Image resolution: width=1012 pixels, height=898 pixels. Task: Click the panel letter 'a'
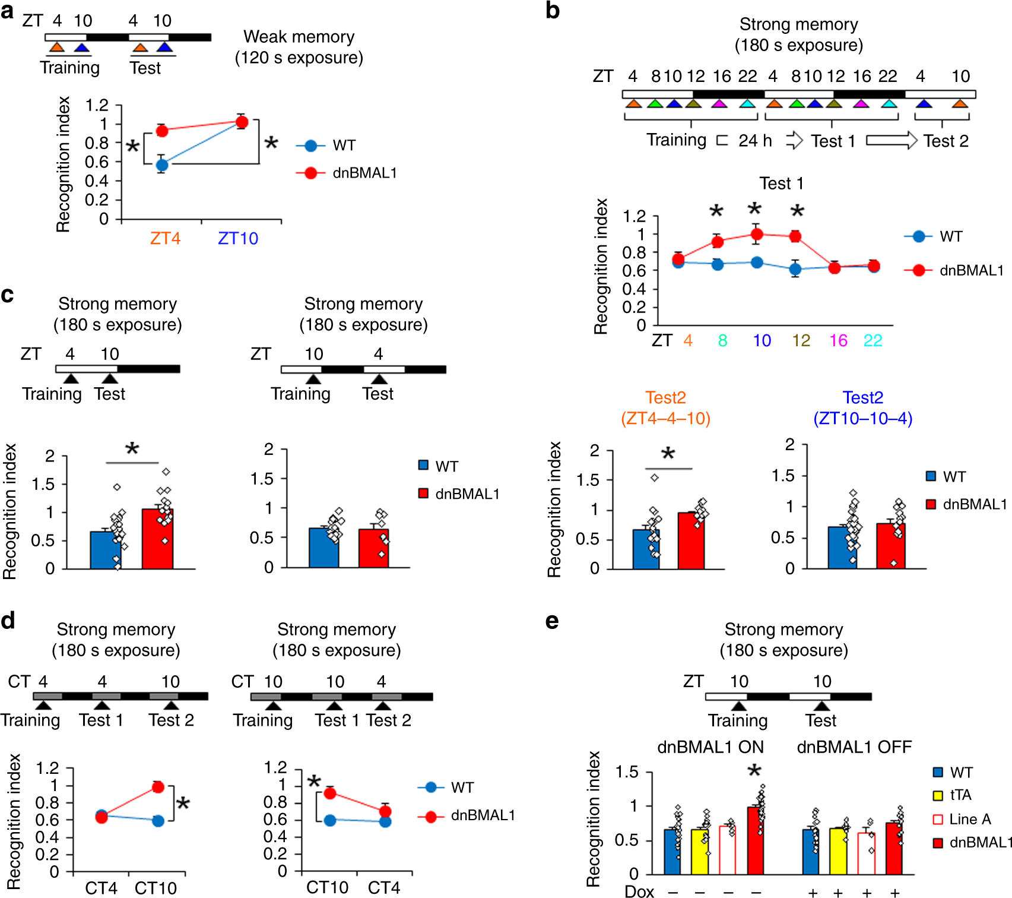pyautogui.click(x=7, y=12)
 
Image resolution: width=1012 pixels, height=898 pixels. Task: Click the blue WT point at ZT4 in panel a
pyautogui.click(x=161, y=165)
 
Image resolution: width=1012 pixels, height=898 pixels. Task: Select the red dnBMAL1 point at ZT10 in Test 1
pyautogui.click(x=756, y=234)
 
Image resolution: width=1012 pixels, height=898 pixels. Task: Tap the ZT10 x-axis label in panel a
pyautogui.click(x=238, y=239)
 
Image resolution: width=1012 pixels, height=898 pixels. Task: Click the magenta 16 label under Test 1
pyautogui.click(x=838, y=341)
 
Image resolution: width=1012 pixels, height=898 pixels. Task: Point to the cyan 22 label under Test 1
pyautogui.click(x=873, y=341)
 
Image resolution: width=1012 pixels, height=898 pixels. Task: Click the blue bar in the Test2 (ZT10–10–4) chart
pyautogui.click(x=842, y=548)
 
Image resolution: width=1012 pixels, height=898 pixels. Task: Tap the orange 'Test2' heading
pyautogui.click(x=665, y=398)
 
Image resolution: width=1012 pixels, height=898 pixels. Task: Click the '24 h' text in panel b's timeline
pyautogui.click(x=755, y=141)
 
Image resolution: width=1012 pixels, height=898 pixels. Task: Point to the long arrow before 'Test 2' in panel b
pyautogui.click(x=892, y=141)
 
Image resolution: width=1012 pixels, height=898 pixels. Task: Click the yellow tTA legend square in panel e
pyautogui.click(x=938, y=796)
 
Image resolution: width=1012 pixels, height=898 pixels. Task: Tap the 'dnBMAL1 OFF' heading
pyautogui.click(x=854, y=747)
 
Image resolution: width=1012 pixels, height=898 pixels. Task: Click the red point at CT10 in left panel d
pyautogui.click(x=158, y=787)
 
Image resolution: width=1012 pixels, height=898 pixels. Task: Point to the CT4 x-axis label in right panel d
pyautogui.click(x=383, y=888)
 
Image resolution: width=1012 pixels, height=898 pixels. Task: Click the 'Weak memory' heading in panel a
pyautogui.click(x=299, y=37)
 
